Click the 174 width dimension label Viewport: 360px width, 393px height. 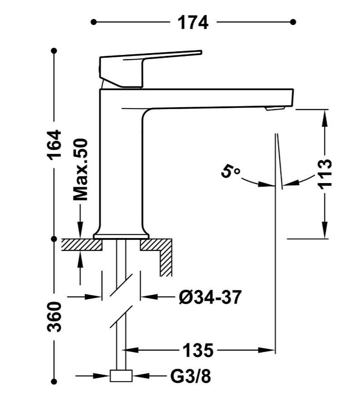[192, 23]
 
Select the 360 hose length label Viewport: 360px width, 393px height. [54, 317]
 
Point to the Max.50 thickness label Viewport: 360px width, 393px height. [80, 169]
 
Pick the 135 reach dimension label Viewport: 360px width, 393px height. [198, 350]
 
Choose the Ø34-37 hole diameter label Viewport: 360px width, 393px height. [210, 297]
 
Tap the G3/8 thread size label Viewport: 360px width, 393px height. [190, 376]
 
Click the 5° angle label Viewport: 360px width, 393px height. [230, 171]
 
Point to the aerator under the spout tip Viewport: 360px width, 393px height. [275, 109]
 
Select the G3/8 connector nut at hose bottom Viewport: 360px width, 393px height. [121, 375]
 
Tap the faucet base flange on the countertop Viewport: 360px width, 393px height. [121, 236]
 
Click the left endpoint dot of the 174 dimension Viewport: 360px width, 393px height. [94, 22]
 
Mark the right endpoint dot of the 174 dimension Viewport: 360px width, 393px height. [293, 22]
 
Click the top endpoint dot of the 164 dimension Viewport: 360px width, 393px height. [54, 51]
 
